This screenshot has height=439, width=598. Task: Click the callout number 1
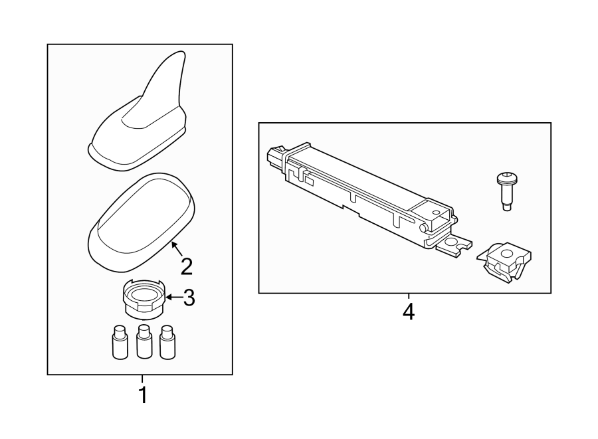coord(142,395)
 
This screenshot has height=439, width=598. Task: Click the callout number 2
coord(187,266)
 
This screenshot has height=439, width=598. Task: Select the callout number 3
coord(189,298)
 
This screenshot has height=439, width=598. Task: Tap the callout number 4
coord(408,311)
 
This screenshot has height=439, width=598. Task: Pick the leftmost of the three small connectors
coord(119,342)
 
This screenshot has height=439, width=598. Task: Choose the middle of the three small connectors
coord(143,342)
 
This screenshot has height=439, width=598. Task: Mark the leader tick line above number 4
coord(408,297)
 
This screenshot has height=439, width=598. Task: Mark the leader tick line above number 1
coord(142,379)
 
